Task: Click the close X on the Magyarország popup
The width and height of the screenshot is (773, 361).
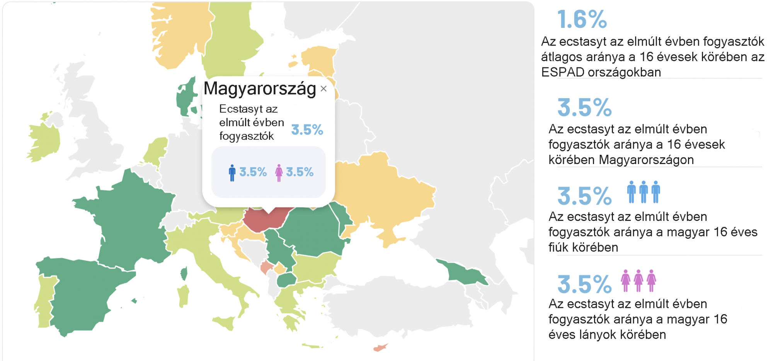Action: (324, 89)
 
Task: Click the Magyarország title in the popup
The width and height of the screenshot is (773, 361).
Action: (260, 88)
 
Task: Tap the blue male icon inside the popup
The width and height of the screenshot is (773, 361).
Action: (232, 173)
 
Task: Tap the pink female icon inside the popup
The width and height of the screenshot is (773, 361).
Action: (279, 173)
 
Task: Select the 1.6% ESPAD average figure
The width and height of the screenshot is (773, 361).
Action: (582, 19)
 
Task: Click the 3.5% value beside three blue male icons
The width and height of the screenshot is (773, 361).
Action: (584, 196)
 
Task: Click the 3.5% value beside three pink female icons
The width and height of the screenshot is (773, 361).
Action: (584, 284)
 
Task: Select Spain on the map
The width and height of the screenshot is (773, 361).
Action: (85, 294)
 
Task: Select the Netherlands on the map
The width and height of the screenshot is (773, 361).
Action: (156, 151)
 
